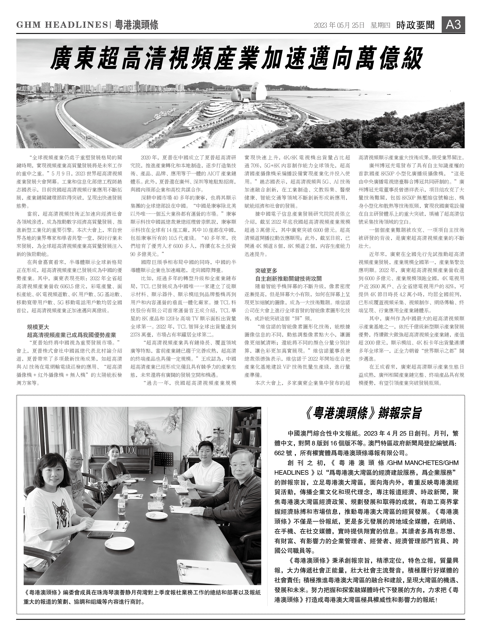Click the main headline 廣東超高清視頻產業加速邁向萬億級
tap(236, 59)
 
